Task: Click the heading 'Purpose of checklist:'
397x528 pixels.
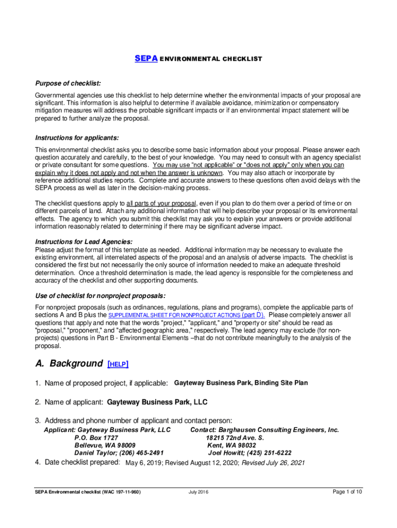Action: [68, 84]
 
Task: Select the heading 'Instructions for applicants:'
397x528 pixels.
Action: [77, 138]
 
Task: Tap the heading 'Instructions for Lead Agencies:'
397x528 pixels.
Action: [84, 242]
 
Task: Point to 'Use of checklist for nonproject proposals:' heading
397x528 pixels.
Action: [100, 295]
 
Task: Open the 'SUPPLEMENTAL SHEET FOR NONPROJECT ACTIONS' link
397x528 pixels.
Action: [174, 315]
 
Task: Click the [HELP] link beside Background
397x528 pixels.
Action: [118, 364]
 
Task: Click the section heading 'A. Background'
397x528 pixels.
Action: [69, 364]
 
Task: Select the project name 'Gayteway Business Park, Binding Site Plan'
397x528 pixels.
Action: [241, 383]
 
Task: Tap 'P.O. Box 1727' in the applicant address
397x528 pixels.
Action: [96, 438]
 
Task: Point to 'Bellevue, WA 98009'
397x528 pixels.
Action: [105, 445]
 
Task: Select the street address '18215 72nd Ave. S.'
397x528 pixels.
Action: [235, 438]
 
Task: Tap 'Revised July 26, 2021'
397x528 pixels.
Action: [273, 463]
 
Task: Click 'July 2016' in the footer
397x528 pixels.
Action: [198, 492]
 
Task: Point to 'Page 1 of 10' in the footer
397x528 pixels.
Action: [347, 492]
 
